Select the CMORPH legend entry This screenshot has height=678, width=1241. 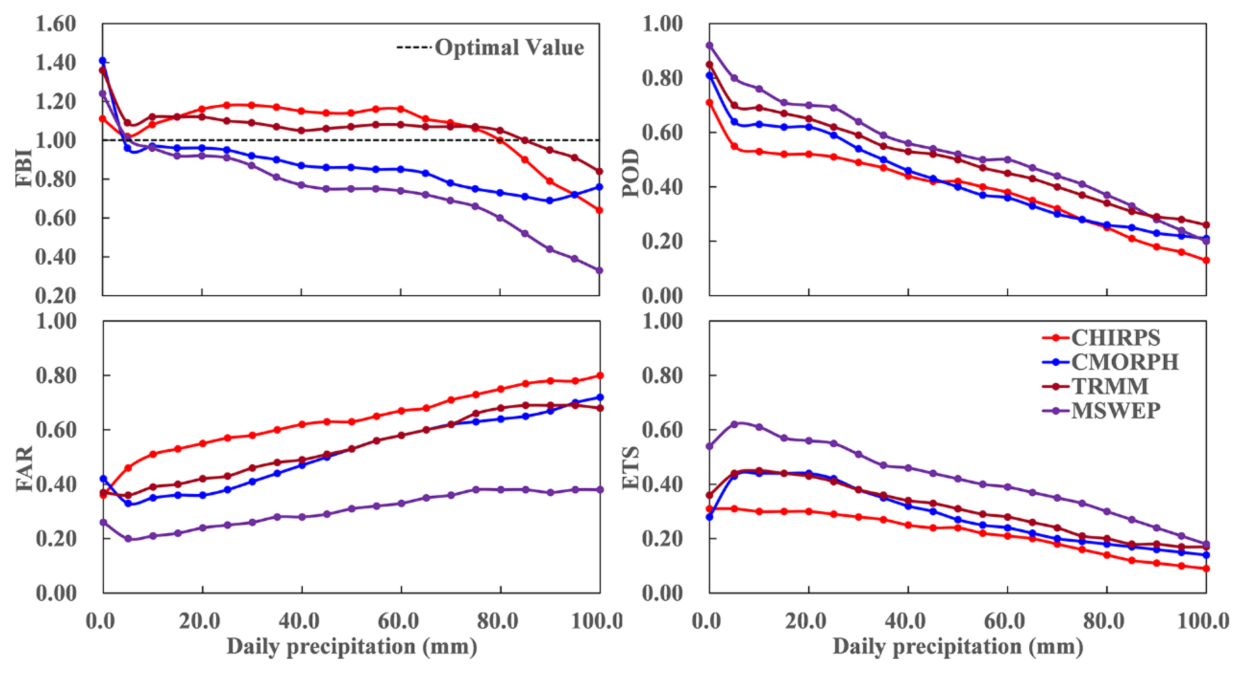[1125, 361]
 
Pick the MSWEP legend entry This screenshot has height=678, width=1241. [1115, 411]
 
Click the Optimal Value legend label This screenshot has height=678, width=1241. [509, 47]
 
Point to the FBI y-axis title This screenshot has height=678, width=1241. [24, 168]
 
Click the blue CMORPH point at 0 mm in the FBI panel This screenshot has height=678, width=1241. [103, 61]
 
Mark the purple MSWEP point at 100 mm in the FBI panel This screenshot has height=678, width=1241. [599, 270]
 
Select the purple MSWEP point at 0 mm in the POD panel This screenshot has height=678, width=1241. [709, 45]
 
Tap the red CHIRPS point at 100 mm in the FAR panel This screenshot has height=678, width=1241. [600, 376]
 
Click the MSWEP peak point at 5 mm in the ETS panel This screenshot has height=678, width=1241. [734, 424]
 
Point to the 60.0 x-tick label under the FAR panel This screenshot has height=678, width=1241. [398, 621]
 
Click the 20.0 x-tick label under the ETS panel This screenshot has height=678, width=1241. [805, 621]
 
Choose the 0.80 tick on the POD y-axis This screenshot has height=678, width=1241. [662, 78]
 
